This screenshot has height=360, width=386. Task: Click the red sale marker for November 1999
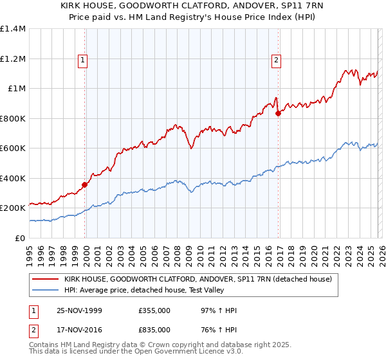[x=85, y=185]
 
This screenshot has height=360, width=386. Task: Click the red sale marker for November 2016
[x=278, y=113]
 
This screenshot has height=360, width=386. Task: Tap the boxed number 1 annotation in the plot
[x=84, y=61]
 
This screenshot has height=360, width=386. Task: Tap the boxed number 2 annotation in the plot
[x=276, y=61]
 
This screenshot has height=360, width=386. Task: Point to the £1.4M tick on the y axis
[x=13, y=29]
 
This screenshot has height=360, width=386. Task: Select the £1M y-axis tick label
[x=17, y=89]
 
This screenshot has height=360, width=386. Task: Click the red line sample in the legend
[x=46, y=279]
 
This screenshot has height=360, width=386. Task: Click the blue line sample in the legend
[x=46, y=290]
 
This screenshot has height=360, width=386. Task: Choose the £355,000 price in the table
[x=154, y=311]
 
